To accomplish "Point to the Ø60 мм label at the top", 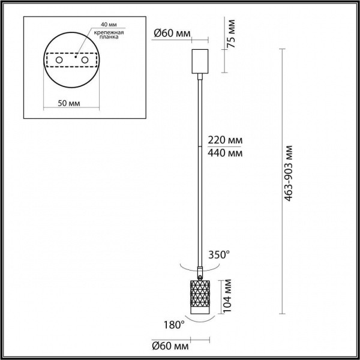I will click(x=169, y=34).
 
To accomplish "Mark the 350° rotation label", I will click(x=218, y=254).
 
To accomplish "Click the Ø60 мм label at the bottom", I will click(x=169, y=347).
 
